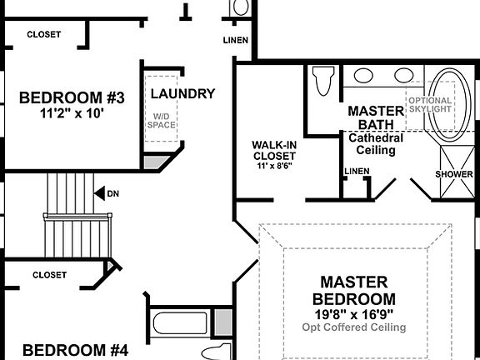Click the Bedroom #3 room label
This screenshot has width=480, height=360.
click(x=72, y=97)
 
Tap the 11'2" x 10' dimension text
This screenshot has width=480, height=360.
click(x=72, y=113)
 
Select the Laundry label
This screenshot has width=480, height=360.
click(x=183, y=93)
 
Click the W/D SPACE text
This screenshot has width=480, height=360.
click(x=162, y=121)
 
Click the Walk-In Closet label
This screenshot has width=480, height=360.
click(x=274, y=149)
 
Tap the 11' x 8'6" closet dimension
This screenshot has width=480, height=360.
click(x=274, y=166)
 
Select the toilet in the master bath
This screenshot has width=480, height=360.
click(x=322, y=82)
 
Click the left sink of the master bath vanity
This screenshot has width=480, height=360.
click(x=363, y=75)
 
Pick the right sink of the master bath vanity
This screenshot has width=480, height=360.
click(x=403, y=75)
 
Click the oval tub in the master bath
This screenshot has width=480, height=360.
click(x=451, y=102)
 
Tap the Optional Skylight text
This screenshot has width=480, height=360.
click(x=430, y=104)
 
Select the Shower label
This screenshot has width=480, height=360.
click(x=454, y=174)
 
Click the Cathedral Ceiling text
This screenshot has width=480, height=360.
click(x=376, y=144)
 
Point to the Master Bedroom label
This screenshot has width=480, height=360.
click(x=354, y=290)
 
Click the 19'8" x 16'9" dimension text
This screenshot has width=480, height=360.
click(x=354, y=313)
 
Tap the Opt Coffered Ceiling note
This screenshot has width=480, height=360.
click(x=354, y=327)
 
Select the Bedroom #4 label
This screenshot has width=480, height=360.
click(x=75, y=350)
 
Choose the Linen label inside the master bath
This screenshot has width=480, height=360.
click(x=356, y=172)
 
